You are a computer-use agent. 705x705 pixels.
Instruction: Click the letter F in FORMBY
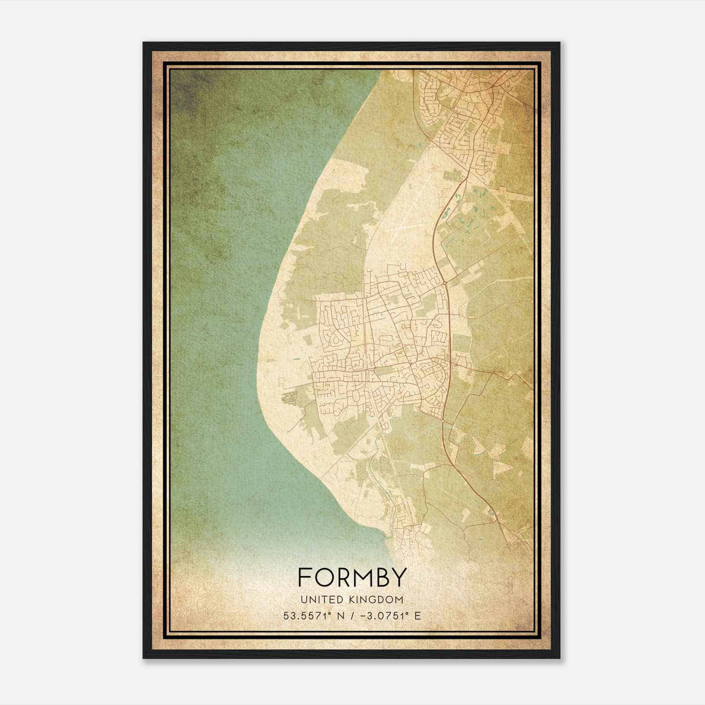pos(305,577)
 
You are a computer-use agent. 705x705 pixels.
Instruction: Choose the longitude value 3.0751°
pos(389,616)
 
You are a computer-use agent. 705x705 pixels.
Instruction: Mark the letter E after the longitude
pos(417,616)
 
